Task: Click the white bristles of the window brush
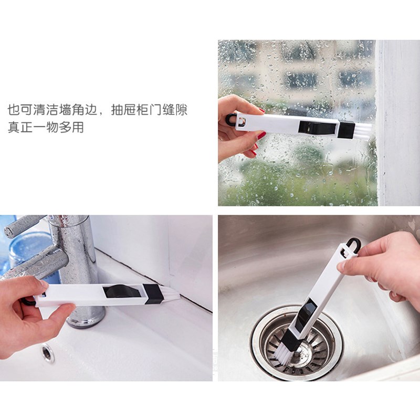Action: pos(363,131)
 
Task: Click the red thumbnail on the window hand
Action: pos(261,135)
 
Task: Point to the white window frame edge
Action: pos(397,123)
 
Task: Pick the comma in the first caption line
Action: pos(102,113)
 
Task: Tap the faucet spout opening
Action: pos(10,230)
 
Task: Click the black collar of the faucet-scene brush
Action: pos(152,294)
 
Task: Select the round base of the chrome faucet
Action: pos(86,320)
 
